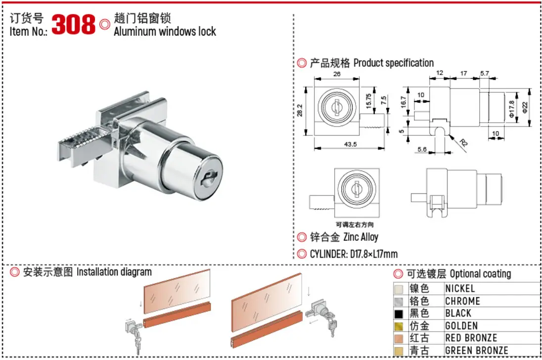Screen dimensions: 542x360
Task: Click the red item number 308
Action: tap(73, 24)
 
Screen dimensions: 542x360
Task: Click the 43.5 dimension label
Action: tap(350, 144)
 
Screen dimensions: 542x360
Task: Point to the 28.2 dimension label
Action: tap(300, 110)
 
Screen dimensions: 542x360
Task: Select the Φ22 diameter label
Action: tap(525, 107)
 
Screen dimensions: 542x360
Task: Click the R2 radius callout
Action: tap(463, 142)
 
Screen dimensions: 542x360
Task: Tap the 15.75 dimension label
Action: tap(368, 100)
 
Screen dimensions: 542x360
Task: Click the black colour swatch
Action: tap(399, 314)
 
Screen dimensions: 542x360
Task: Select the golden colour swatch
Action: tap(399, 326)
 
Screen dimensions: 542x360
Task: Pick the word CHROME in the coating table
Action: tap(462, 301)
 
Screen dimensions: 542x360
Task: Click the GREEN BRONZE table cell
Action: tap(477, 350)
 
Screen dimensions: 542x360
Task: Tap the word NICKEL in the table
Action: tap(460, 288)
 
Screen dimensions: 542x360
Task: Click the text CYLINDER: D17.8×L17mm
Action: tap(354, 254)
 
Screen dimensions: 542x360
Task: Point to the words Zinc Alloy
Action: tap(361, 237)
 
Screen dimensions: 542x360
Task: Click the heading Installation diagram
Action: tap(114, 272)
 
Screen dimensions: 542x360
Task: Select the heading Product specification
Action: tap(393, 63)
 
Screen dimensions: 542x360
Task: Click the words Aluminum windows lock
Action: tap(165, 32)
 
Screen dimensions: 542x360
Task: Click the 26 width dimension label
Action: tap(337, 74)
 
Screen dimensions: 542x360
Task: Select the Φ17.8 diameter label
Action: tap(511, 108)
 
